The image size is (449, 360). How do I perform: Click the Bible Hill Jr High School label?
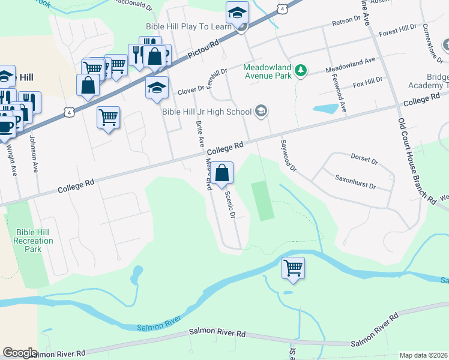click(206, 110)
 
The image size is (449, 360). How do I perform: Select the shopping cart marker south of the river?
click(293, 268)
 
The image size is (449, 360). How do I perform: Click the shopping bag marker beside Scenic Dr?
click(221, 173)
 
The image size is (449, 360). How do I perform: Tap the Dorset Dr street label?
click(364, 161)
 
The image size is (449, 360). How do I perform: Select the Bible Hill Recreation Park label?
click(35, 241)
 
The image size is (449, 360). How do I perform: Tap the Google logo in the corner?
click(20, 352)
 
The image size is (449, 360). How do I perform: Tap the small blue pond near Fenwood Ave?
click(325, 109)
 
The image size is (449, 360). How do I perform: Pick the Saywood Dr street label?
click(288, 155)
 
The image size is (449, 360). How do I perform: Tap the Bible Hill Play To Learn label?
click(188, 26)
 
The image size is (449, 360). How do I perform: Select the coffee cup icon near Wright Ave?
click(7, 127)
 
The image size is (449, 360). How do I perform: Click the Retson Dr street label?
click(346, 22)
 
